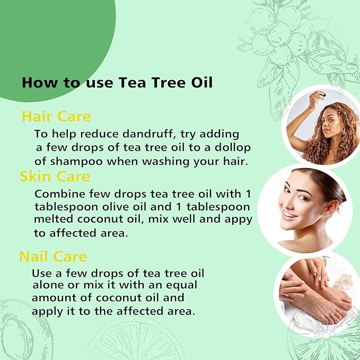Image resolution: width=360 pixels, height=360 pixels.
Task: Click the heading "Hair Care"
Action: pyautogui.click(x=56, y=116)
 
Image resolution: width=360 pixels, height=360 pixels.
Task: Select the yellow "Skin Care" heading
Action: pyautogui.click(x=55, y=176)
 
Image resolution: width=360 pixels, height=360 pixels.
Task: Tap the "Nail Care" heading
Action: pyautogui.click(x=53, y=257)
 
